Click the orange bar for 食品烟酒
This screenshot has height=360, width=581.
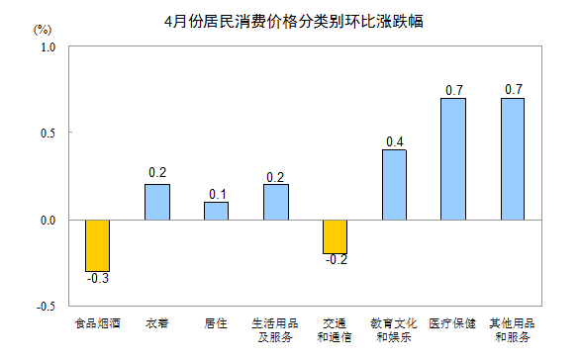coord(97,245)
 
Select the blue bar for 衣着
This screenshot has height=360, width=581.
coord(156,202)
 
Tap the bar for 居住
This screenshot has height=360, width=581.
coord(216,211)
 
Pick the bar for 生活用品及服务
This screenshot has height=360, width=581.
coord(275,202)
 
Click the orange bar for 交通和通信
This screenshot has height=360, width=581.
coord(335,236)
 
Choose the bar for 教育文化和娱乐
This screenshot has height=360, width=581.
coord(394,184)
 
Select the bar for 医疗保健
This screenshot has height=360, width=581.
coord(453,158)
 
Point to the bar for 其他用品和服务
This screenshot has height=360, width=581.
coord(513,158)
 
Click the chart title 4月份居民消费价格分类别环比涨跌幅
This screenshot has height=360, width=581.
coord(292,21)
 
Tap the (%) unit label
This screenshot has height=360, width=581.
coord(42,30)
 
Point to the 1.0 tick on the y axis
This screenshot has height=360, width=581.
coord(48,46)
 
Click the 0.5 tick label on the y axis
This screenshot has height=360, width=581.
coord(48,134)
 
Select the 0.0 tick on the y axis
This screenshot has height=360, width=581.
coord(48,220)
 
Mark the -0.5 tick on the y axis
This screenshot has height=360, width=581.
coord(46,307)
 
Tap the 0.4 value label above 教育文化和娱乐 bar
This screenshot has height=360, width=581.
coord(394,140)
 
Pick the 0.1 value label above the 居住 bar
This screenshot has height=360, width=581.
coord(216,193)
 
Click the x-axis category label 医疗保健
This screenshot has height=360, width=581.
coord(453,323)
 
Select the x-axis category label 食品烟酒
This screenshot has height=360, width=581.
coord(97,323)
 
